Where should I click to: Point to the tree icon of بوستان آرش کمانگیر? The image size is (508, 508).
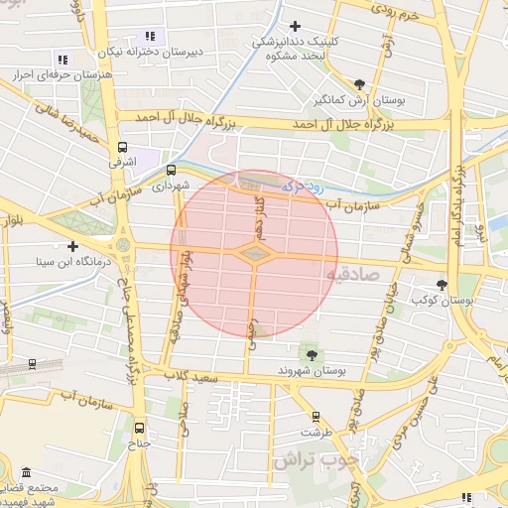[x=359, y=84]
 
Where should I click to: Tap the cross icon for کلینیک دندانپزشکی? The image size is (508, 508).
[x=294, y=27]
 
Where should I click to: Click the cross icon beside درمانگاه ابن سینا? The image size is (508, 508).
[x=72, y=246]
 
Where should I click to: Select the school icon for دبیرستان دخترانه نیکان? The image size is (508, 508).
[x=150, y=37]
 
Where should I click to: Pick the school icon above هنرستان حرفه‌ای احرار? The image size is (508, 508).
[x=63, y=60]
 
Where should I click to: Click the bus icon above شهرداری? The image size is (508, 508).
[x=171, y=170]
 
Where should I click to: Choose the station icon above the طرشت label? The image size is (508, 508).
[x=316, y=417]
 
